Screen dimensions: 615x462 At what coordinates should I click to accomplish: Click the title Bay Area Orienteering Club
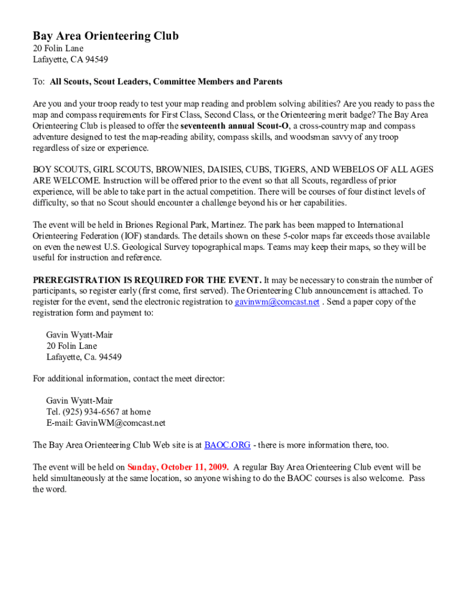pos(106,36)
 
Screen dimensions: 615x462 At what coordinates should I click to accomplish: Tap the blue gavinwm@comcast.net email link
pos(277,302)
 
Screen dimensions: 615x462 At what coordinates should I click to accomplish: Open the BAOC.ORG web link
pos(227,445)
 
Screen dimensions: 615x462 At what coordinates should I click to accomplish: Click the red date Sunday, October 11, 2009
pos(178,467)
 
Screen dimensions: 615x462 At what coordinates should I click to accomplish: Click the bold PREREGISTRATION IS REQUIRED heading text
pos(147,280)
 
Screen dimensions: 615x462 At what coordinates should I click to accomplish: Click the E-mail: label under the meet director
pos(59,423)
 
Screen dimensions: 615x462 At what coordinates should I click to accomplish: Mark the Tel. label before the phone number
pos(53,412)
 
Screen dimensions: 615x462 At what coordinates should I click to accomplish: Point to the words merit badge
pos(350,115)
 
